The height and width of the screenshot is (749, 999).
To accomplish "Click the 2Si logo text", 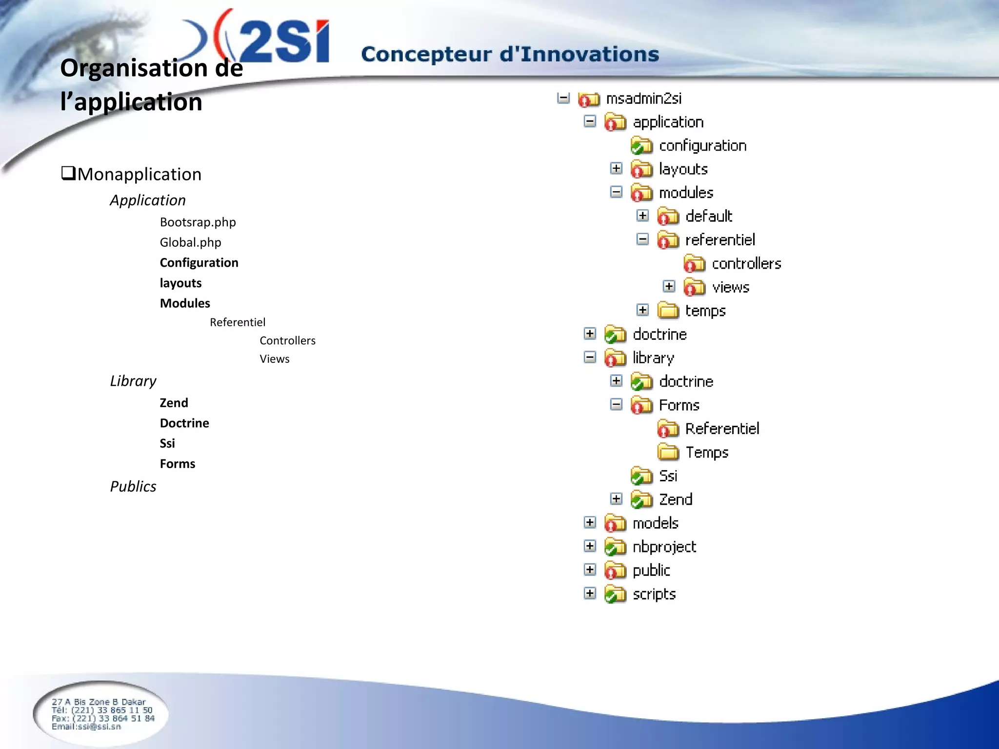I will (x=283, y=41).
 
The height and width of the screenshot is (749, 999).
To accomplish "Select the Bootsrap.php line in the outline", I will (x=198, y=222).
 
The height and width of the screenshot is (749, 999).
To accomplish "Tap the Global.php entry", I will (x=190, y=242).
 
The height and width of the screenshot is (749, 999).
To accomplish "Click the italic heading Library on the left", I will (x=133, y=381).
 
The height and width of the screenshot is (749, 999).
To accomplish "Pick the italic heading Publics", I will (x=133, y=486).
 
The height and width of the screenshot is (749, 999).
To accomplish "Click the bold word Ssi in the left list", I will (x=167, y=443).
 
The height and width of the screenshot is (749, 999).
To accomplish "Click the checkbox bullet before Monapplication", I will (x=68, y=173).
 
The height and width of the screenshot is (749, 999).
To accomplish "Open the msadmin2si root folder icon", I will (x=588, y=99).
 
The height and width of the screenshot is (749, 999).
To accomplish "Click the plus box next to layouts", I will (x=616, y=168).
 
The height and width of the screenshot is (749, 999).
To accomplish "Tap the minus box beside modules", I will (x=616, y=192).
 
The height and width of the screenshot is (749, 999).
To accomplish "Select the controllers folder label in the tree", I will (x=746, y=264).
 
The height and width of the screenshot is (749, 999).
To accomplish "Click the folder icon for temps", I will (x=668, y=311).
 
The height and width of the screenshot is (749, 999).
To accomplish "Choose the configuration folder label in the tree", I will (x=702, y=146).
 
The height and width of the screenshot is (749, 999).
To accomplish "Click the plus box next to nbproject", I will (x=590, y=546).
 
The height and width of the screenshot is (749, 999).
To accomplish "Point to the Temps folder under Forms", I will (x=706, y=453).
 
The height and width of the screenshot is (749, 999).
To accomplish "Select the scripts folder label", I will (x=654, y=594).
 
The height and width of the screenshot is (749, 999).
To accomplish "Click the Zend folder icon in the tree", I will (x=641, y=499).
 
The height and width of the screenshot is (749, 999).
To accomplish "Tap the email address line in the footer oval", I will (x=86, y=727).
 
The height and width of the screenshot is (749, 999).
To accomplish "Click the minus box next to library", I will (x=590, y=357).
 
